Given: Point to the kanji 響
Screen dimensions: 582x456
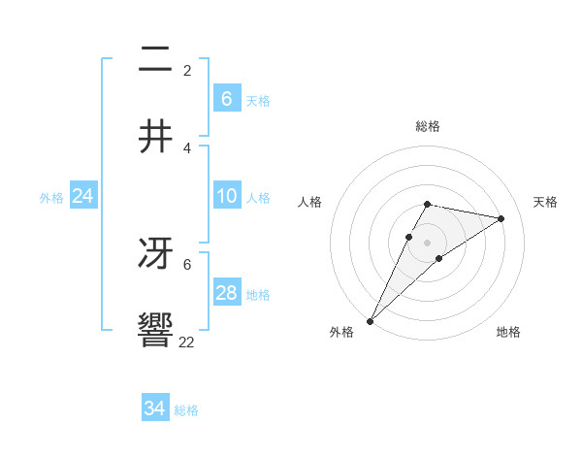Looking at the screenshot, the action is pyautogui.click(x=156, y=330).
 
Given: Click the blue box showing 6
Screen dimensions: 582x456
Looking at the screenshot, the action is pyautogui.click(x=226, y=98).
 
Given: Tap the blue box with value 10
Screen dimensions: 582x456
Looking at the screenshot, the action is pyautogui.click(x=226, y=196).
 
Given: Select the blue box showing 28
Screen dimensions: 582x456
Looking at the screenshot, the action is pyautogui.click(x=226, y=293).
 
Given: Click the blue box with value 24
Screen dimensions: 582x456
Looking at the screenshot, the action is pyautogui.click(x=82, y=196).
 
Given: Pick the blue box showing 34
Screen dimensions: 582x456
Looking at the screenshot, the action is pyautogui.click(x=155, y=408).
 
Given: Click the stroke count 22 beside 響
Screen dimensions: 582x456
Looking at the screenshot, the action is pyautogui.click(x=187, y=342).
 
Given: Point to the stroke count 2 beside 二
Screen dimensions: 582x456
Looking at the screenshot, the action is pyautogui.click(x=187, y=71).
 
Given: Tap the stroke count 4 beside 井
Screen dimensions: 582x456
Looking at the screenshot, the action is pyautogui.click(x=187, y=147).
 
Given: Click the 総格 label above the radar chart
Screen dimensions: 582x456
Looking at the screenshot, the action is pyautogui.click(x=427, y=126).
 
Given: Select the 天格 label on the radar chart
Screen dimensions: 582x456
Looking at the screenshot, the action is pyautogui.click(x=545, y=202).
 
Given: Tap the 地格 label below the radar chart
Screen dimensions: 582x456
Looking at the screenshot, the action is pyautogui.click(x=508, y=332).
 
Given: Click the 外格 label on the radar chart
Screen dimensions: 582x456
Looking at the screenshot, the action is pyautogui.click(x=341, y=332).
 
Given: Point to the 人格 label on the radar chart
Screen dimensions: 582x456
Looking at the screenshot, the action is pyautogui.click(x=310, y=202).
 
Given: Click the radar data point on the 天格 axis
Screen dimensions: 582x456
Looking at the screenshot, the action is pyautogui.click(x=501, y=218).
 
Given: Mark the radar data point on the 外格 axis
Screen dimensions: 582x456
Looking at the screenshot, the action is pyautogui.click(x=370, y=320).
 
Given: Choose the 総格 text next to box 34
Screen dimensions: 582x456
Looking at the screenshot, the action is pyautogui.click(x=186, y=410).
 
